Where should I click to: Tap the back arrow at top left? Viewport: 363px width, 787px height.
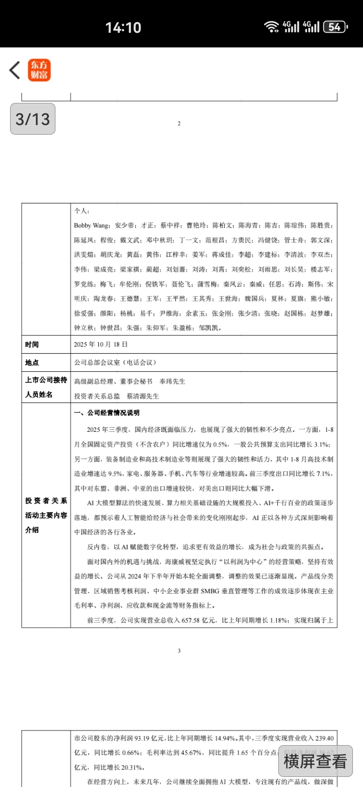click(15, 70)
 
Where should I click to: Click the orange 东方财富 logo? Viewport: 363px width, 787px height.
click(39, 70)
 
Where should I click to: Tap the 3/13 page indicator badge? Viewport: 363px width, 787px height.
click(33, 119)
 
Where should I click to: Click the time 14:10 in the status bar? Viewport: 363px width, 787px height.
click(123, 27)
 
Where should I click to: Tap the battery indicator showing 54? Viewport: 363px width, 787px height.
click(335, 27)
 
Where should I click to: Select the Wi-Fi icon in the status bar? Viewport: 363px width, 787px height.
click(272, 27)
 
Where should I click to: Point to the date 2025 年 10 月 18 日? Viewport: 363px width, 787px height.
click(101, 345)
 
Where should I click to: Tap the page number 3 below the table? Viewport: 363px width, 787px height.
click(179, 651)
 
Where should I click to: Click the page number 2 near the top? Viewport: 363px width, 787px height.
click(179, 124)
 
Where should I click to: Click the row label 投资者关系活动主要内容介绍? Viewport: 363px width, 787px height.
click(46, 516)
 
